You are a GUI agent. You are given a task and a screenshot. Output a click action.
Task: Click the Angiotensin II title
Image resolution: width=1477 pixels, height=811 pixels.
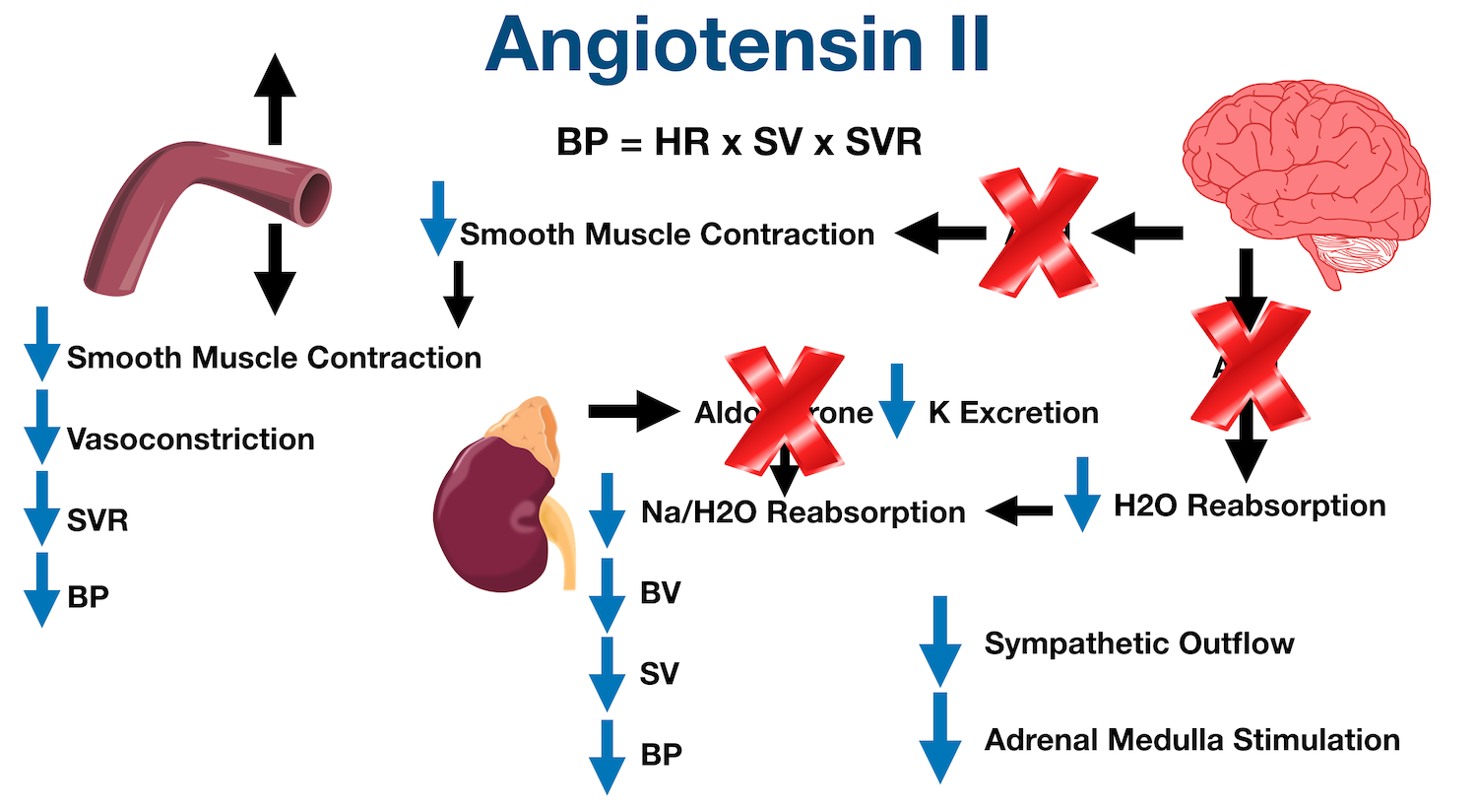(x=738, y=44)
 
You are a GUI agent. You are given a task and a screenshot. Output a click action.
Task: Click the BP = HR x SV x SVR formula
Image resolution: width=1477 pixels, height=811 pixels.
(x=738, y=142)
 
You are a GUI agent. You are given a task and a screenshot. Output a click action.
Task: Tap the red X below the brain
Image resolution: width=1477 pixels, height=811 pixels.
(x=1250, y=366)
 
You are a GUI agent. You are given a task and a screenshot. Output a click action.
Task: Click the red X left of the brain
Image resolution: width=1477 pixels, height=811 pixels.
(x=1038, y=233)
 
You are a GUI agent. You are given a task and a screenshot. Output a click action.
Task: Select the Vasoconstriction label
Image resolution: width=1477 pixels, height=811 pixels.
(x=191, y=439)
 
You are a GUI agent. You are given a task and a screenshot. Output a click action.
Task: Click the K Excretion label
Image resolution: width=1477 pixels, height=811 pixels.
(x=1013, y=413)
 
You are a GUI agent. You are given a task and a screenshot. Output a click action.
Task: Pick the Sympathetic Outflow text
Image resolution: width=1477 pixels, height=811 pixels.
(x=1139, y=643)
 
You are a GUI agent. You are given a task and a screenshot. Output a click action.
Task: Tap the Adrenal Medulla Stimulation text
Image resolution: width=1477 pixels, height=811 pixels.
(x=1191, y=740)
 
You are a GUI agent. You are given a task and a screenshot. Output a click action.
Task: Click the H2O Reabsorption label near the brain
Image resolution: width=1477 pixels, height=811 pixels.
(x=1250, y=506)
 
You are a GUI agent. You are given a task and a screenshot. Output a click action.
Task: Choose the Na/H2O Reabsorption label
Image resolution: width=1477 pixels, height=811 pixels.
(x=803, y=512)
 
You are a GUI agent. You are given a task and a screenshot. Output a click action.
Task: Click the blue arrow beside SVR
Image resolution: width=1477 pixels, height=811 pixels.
(x=41, y=508)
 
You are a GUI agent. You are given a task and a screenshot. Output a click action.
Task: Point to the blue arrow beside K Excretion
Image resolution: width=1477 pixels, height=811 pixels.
(x=896, y=402)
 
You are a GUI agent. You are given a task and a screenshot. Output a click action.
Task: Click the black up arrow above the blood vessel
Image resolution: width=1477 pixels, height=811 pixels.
(x=275, y=99)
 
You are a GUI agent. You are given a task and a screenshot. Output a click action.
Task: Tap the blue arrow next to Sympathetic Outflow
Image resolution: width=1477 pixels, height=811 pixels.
(x=939, y=641)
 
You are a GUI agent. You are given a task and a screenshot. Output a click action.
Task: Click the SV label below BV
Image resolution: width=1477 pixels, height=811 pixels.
(x=659, y=674)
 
